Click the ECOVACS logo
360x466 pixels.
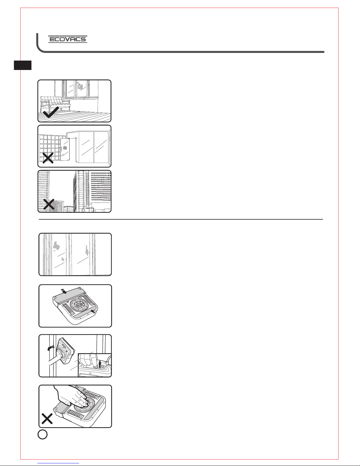click(x=68, y=39)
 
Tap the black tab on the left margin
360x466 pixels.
click(x=23, y=65)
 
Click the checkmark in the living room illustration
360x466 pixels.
click(x=51, y=112)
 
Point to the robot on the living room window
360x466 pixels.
click(x=80, y=86)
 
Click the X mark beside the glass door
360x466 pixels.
click(x=48, y=158)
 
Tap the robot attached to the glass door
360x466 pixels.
click(x=65, y=148)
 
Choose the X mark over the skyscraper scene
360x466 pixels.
click(x=49, y=204)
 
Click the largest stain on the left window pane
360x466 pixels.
click(x=56, y=246)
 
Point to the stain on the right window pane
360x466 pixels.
click(x=87, y=250)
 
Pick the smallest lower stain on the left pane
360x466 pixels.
click(x=63, y=259)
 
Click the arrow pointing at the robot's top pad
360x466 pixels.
click(x=64, y=291)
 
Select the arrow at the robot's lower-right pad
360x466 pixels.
click(x=93, y=311)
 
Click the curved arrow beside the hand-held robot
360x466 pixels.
click(x=51, y=348)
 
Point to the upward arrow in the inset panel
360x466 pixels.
click(x=100, y=364)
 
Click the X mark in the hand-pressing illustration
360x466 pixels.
click(x=47, y=419)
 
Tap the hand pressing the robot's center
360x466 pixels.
click(x=72, y=396)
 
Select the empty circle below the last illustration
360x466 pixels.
click(x=43, y=434)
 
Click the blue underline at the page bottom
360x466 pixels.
click(x=58, y=463)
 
